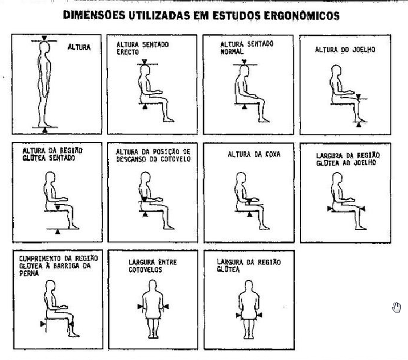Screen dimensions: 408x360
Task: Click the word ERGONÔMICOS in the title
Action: coord(302,15)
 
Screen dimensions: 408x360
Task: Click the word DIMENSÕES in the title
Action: coord(94,15)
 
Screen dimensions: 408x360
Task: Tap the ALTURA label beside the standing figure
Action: coord(79,47)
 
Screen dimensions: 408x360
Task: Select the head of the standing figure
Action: coord(44,47)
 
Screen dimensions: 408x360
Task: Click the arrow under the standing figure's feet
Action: coord(45,130)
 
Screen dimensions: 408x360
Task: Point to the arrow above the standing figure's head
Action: coord(44,38)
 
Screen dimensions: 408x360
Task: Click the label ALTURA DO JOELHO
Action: coord(345,49)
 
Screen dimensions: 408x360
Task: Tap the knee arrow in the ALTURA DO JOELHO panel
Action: coord(359,97)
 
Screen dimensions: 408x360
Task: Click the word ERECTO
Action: coord(127,52)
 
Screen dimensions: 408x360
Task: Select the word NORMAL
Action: coord(232,51)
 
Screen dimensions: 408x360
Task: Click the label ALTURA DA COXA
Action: coord(254,155)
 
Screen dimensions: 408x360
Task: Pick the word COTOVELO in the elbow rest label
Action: coord(176,159)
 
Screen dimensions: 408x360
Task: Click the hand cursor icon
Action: coord(396,307)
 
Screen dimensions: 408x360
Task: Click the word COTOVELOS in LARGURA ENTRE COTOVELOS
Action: coord(145,269)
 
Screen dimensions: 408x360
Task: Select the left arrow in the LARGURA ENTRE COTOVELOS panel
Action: coord(140,307)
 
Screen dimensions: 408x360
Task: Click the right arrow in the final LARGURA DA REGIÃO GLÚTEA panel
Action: coord(259,315)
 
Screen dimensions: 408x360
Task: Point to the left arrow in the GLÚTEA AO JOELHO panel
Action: coord(330,209)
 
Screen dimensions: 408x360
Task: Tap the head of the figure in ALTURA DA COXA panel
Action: coord(241,178)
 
